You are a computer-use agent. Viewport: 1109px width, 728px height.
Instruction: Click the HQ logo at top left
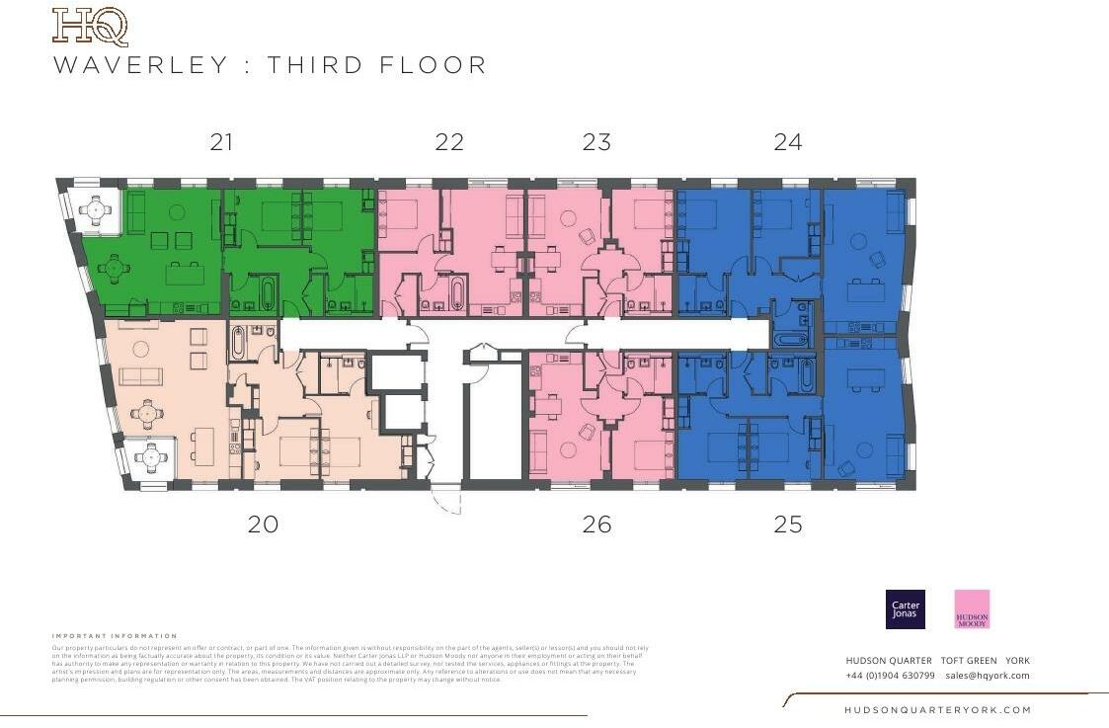point(90,27)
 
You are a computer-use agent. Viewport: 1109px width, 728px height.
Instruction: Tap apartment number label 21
point(221,142)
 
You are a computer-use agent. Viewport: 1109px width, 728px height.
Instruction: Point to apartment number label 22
point(449,142)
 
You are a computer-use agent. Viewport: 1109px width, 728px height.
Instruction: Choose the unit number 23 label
point(596,142)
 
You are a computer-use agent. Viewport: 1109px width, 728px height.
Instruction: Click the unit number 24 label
point(788,142)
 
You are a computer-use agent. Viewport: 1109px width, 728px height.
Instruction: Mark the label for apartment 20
point(263,525)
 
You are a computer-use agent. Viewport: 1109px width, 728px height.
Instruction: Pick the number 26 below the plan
point(596,525)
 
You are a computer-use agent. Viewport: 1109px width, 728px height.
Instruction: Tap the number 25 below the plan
point(788,525)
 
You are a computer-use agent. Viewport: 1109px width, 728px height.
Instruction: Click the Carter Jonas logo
point(906,608)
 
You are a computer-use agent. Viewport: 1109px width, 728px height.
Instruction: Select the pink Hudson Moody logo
point(972,608)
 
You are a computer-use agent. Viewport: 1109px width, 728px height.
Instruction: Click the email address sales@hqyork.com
point(987,676)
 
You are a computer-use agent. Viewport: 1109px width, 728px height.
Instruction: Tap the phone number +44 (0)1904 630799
point(890,676)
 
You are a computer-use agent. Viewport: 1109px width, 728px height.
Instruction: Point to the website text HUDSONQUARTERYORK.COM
point(937,710)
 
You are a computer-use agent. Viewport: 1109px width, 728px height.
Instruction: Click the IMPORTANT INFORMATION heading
point(115,636)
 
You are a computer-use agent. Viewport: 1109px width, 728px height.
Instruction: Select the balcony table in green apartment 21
point(96,209)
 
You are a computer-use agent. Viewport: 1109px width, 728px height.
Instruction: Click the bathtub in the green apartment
point(266,293)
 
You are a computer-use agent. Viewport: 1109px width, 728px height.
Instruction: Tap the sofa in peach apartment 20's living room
point(140,376)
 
